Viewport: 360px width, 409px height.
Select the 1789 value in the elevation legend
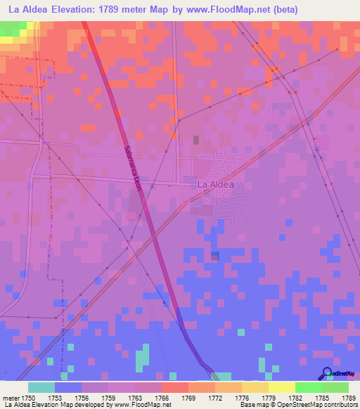coord(349,398)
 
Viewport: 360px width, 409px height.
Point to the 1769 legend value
coord(188,398)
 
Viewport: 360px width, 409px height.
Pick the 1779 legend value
coord(269,398)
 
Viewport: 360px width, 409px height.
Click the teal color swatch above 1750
coord(41,387)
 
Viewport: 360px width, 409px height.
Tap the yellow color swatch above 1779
coord(281,387)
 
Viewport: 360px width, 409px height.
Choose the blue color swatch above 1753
coord(68,387)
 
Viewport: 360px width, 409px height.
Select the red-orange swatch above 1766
coord(175,387)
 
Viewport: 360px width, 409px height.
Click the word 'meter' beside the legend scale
coord(12,398)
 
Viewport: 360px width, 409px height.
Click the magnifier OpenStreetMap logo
coord(328,373)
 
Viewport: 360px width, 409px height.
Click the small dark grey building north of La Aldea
coord(196,140)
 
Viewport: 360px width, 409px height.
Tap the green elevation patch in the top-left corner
coord(10,28)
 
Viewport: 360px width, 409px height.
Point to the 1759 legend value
coord(108,398)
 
